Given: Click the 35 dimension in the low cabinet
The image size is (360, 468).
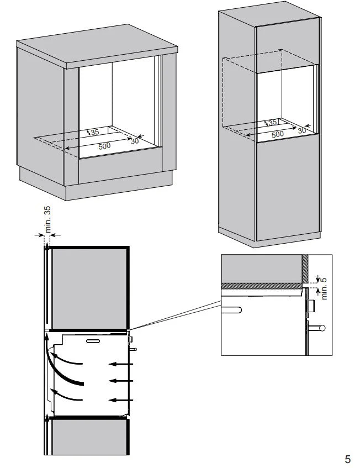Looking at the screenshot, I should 94,133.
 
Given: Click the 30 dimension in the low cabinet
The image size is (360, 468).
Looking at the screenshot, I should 135,140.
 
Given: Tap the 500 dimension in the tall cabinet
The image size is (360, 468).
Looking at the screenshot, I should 277,134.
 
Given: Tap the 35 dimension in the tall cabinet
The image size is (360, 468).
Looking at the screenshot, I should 272,123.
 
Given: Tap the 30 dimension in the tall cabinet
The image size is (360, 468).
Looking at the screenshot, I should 301,130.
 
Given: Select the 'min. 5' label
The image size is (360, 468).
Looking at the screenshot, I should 324,287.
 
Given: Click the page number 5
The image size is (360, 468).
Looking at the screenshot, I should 347,459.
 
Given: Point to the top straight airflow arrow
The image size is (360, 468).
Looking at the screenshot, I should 121,364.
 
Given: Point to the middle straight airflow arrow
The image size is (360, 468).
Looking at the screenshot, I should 121,381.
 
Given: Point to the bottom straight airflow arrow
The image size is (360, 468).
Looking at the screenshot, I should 121,398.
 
